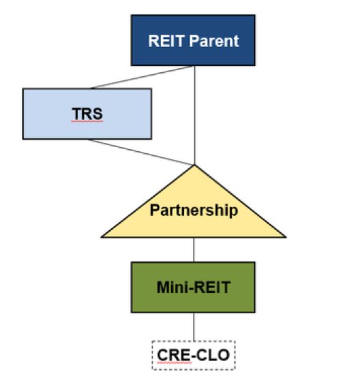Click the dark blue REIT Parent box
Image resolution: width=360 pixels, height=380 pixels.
(x=193, y=40)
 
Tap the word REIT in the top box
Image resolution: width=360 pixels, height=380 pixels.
(x=166, y=41)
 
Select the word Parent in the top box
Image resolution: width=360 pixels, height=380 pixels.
(x=214, y=41)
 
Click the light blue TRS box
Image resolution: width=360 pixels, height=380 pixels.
(x=87, y=114)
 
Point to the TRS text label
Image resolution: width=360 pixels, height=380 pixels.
(x=87, y=114)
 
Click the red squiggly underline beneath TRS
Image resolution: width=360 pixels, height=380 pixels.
(x=87, y=121)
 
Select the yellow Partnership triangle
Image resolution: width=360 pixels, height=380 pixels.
(x=194, y=208)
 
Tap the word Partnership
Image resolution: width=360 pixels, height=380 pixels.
(x=194, y=210)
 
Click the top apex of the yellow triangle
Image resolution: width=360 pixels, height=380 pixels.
(x=194, y=165)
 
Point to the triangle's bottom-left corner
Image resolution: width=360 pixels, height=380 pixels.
(x=102, y=237)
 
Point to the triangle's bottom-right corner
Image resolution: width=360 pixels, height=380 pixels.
(x=286, y=237)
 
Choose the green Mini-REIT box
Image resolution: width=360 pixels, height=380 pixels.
(x=193, y=287)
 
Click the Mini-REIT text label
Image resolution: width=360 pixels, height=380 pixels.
(x=194, y=287)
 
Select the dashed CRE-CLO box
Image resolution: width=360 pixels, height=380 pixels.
(x=194, y=355)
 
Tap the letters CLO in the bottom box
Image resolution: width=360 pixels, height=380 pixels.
(x=213, y=355)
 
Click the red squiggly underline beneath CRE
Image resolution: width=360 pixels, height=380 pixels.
(x=174, y=363)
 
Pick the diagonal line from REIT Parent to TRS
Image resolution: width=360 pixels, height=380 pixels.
(x=142, y=78)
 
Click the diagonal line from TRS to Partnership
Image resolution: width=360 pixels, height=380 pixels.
(x=141, y=152)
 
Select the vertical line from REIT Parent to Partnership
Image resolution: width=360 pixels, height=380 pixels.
(x=195, y=115)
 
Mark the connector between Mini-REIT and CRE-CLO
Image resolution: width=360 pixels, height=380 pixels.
(x=194, y=327)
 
